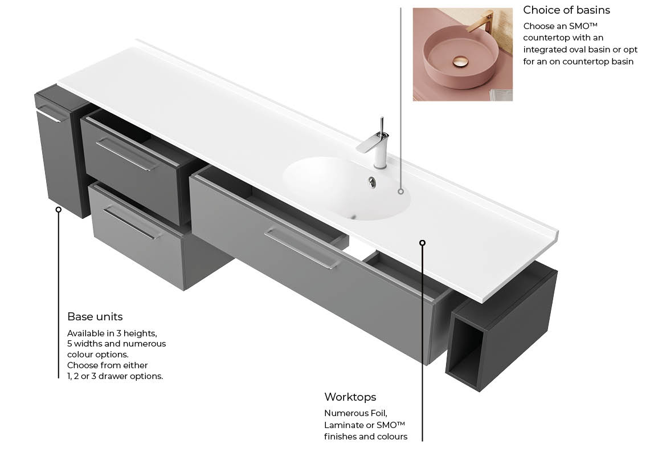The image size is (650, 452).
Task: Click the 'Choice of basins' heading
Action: [566, 10]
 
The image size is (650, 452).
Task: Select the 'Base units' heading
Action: [95, 316]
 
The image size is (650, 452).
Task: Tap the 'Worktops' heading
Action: [350, 397]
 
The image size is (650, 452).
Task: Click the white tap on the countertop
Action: [377, 143]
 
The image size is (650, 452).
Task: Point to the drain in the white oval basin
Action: [372, 182]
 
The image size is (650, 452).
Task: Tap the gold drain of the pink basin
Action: [460, 62]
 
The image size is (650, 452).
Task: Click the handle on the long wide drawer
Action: [302, 249]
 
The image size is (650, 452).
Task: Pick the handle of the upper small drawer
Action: [127, 154]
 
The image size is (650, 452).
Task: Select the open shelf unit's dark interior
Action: [467, 348]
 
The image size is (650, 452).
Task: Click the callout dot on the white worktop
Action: [422, 243]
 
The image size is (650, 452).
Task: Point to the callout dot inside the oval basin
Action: [400, 191]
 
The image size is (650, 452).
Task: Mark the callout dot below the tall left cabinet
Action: [59, 210]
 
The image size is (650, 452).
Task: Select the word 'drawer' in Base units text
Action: [114, 376]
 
